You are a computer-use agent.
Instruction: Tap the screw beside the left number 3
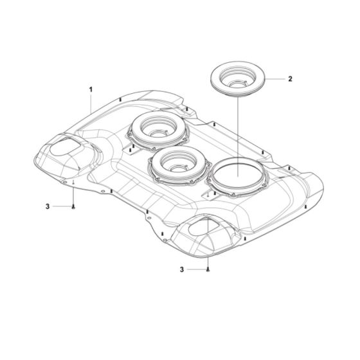(x=74, y=206)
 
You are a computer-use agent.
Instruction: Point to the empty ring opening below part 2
(x=237, y=174)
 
